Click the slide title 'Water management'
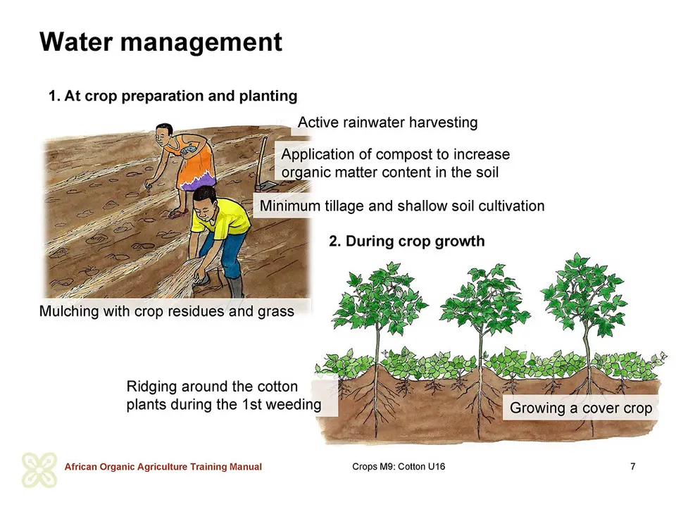pos(161,42)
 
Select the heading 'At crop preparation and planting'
pos(181,96)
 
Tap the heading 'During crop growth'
pos(415,241)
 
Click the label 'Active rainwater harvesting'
pos(387,123)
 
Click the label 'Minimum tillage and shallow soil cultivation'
pos(402,206)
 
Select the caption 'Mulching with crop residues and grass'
pos(166,311)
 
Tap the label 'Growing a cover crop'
pos(581,408)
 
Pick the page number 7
pos(632,466)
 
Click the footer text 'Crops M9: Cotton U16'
pos(399,466)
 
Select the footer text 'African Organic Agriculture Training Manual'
pos(163,467)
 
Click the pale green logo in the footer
pos(39,470)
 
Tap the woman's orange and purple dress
pos(195,164)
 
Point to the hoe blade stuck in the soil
pos(266,186)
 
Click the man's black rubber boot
pos(236,287)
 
